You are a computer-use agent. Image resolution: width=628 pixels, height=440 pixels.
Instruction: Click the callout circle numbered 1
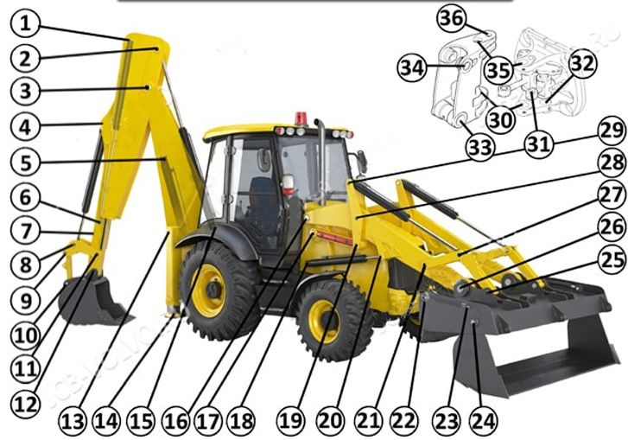coord(24,22)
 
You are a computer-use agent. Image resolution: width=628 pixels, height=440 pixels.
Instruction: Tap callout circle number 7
coord(24,232)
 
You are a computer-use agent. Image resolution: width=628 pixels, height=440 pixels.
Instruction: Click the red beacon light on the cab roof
coord(301,118)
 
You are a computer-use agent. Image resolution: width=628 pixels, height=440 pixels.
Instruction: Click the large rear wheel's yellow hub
coord(209,290)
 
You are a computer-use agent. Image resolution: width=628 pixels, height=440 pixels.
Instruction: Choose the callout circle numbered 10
coord(24,334)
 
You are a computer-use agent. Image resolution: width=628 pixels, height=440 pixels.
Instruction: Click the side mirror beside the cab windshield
coord(360,162)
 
